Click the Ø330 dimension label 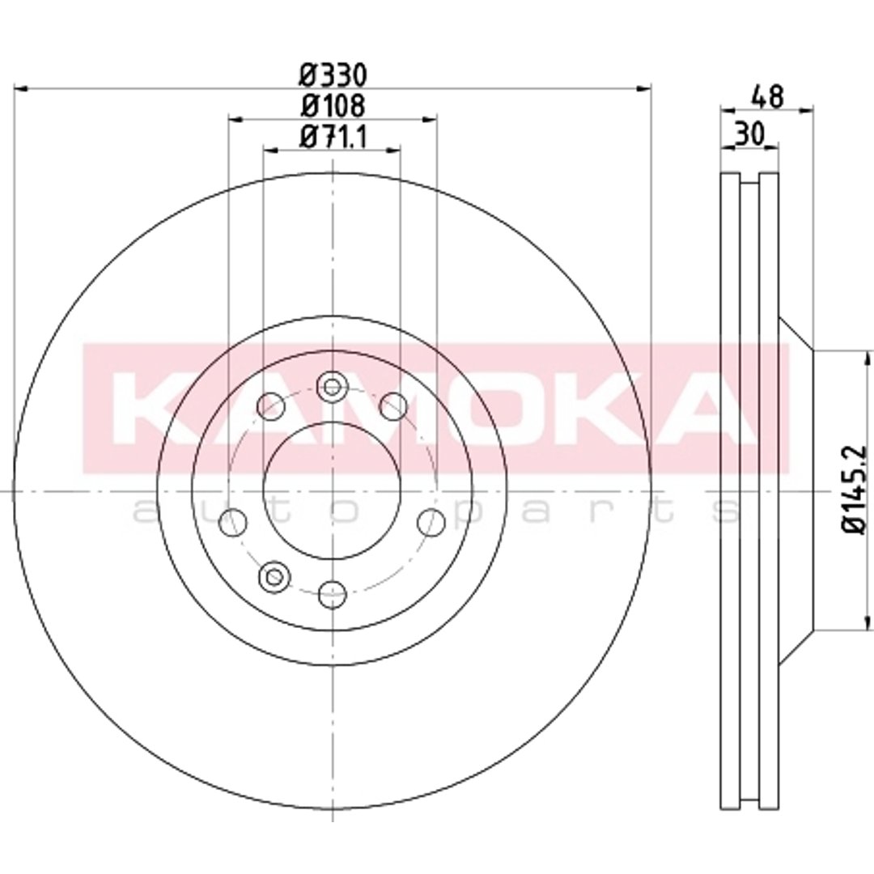pos(333,76)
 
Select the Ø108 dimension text pos(333,106)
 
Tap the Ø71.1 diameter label pos(333,137)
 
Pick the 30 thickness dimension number pos(749,135)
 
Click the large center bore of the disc pos(333,490)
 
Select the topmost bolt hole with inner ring pos(333,386)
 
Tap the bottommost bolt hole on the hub pos(333,594)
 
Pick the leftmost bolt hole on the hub pos(234,523)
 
